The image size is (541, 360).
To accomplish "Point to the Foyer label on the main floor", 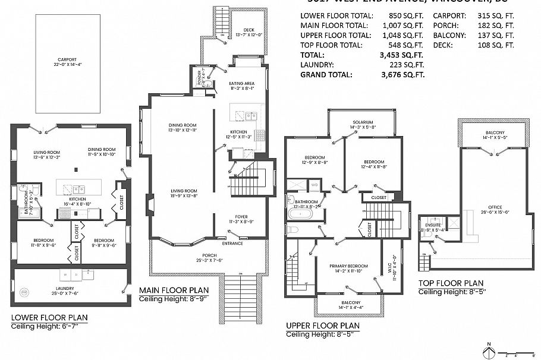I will tap(241, 217).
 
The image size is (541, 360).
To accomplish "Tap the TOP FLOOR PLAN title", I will tap(451, 283).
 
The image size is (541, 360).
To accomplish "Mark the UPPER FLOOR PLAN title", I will tap(322, 326).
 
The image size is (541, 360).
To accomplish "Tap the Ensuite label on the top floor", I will tap(432, 226).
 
